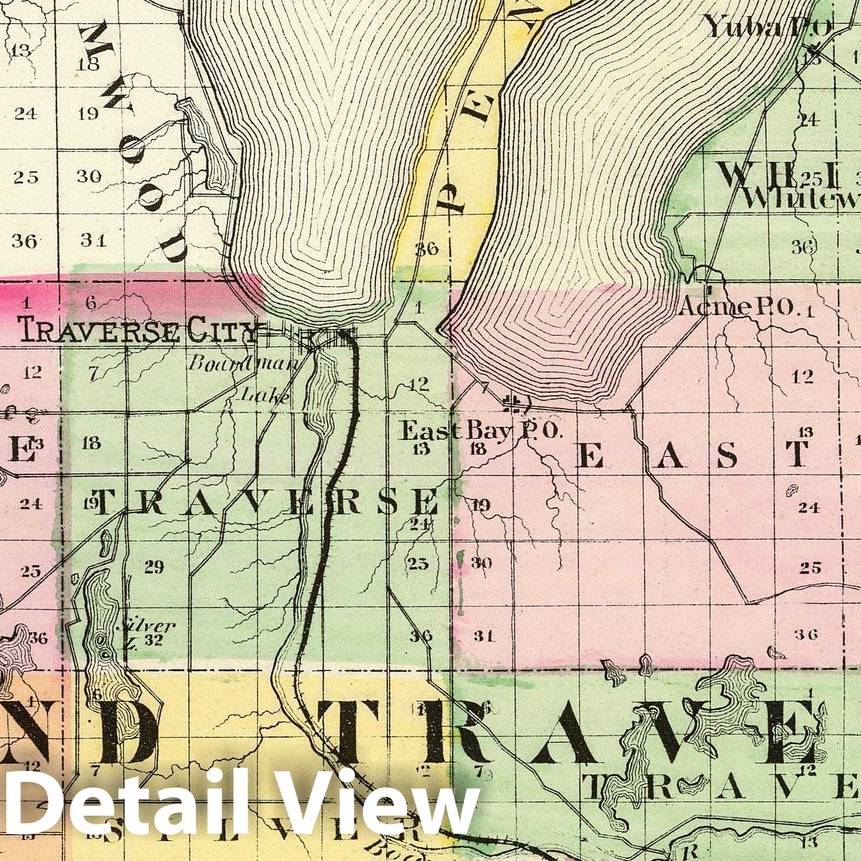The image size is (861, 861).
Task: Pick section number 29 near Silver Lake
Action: click(x=154, y=567)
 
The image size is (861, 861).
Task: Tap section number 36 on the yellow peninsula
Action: click(x=426, y=249)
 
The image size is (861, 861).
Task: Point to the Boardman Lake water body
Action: click(x=322, y=388)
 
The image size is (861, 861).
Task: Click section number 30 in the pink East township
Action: click(x=481, y=563)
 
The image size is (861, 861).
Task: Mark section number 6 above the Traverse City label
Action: click(x=91, y=304)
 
